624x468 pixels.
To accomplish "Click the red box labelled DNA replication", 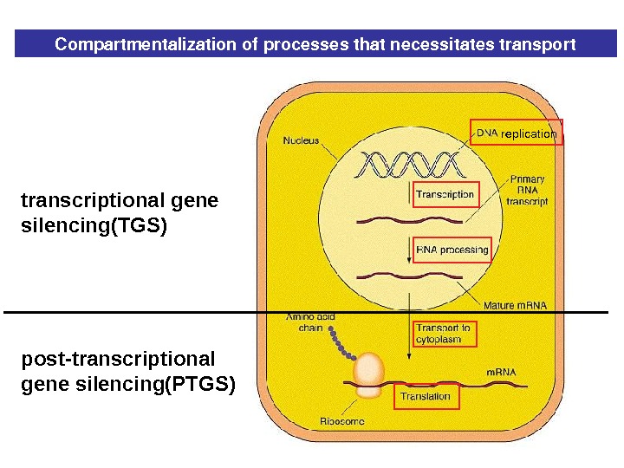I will pyautogui.click(x=517, y=132).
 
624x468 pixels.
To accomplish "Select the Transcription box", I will pyautogui.click(x=445, y=194).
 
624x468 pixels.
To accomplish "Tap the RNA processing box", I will pyautogui.click(x=452, y=250).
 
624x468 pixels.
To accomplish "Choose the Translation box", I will pyautogui.click(x=426, y=396).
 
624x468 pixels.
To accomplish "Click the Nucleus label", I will pyautogui.click(x=302, y=140).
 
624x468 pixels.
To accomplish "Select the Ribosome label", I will pyautogui.click(x=342, y=421).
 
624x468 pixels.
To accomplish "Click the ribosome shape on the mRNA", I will pyautogui.click(x=369, y=374).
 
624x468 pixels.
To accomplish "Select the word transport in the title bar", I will pyautogui.click(x=543, y=44).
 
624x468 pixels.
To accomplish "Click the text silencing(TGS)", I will pyautogui.click(x=93, y=226).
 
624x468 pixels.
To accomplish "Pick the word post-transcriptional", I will pyautogui.click(x=118, y=359).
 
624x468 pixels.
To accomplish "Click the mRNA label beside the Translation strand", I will pyautogui.click(x=501, y=372).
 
